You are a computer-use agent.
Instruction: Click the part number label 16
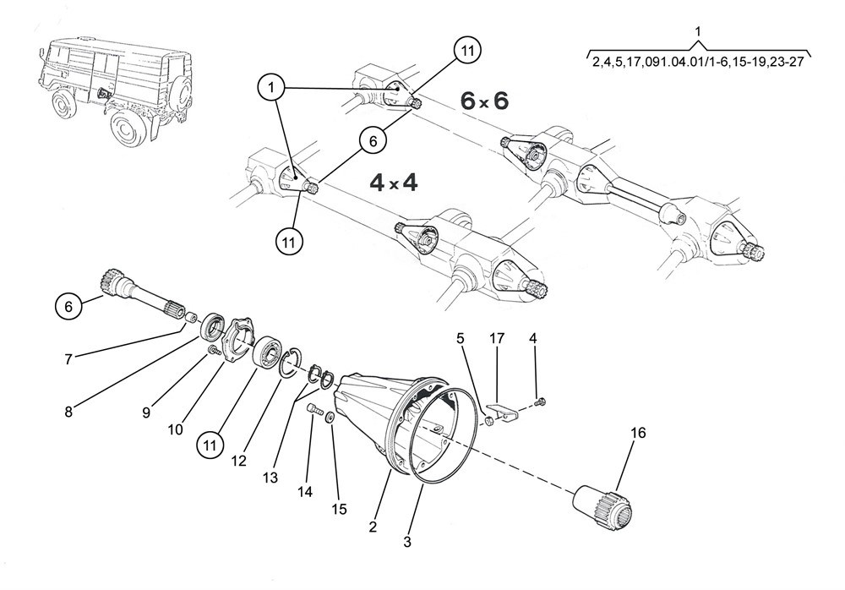click(637, 433)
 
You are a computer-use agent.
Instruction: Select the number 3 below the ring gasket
click(407, 542)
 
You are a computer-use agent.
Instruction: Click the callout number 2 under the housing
click(373, 527)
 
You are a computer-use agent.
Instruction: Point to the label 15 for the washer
click(339, 509)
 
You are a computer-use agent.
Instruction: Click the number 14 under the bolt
click(305, 491)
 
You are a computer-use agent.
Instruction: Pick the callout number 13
click(270, 478)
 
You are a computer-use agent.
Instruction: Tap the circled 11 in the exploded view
click(210, 445)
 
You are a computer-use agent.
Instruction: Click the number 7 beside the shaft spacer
click(68, 358)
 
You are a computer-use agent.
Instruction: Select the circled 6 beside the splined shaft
click(68, 307)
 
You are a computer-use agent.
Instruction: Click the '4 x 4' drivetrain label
click(394, 183)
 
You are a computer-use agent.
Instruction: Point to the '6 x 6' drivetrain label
click(484, 101)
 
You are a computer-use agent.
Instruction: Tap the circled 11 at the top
click(467, 51)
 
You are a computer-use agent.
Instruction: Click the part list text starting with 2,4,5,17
click(698, 62)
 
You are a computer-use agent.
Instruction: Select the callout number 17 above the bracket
click(496, 338)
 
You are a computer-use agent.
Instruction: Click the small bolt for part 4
click(541, 402)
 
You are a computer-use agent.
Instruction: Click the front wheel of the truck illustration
click(65, 104)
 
